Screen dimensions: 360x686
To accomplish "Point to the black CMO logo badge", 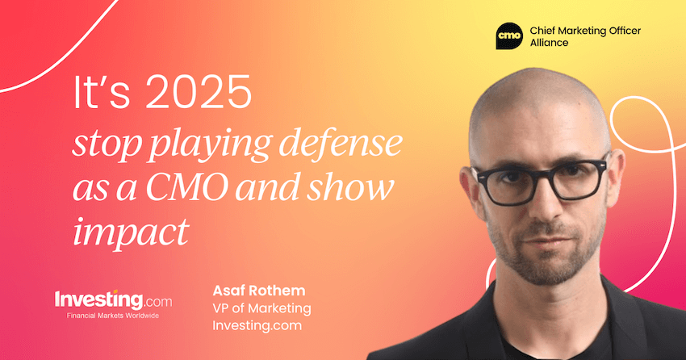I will tap(509, 36).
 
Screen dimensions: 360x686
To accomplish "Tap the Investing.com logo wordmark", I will tap(108, 298).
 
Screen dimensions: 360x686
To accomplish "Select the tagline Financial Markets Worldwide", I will tap(108, 315).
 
